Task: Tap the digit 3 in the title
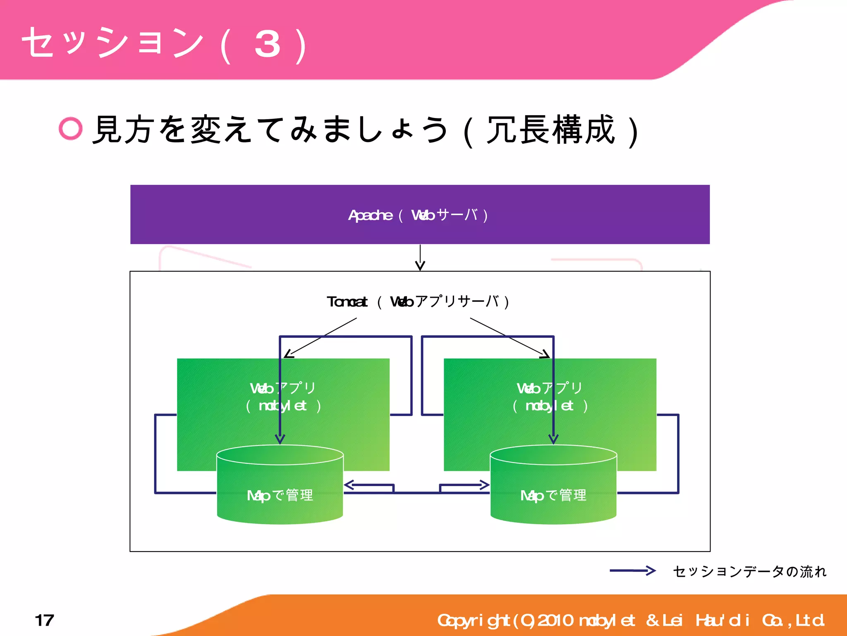(268, 44)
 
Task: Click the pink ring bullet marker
(71, 128)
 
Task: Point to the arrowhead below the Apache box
(420, 266)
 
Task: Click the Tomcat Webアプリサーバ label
(418, 301)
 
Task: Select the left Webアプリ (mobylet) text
(283, 397)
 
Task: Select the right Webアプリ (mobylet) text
(550, 397)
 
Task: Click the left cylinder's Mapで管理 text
(280, 495)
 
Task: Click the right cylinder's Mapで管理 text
(553, 495)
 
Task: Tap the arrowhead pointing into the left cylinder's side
(349, 485)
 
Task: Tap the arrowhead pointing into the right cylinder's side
(485, 485)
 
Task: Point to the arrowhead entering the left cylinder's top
(280, 439)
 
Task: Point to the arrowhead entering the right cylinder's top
(553, 439)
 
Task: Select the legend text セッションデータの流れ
(749, 571)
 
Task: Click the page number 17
(44, 620)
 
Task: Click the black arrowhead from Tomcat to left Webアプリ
(288, 354)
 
